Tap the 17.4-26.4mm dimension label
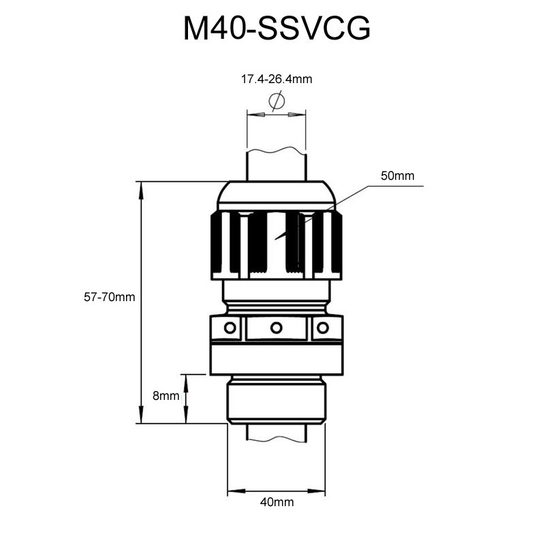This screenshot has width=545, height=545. [276, 79]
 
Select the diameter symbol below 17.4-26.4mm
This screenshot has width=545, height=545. [276, 102]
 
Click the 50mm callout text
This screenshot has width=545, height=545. [397, 176]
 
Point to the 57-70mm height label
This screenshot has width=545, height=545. [110, 297]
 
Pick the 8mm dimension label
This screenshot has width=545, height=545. [166, 396]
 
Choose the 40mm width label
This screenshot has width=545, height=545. [277, 502]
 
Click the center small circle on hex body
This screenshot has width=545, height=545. [276, 328]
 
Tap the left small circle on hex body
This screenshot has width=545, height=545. [231, 328]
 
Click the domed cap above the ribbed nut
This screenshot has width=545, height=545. [276, 196]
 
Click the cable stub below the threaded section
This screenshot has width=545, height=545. [276, 432]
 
